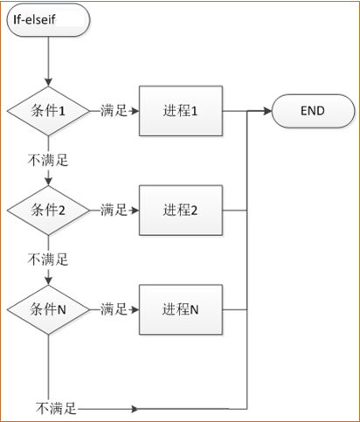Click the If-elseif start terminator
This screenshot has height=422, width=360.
tap(48, 20)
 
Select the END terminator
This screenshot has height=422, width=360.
tap(313, 111)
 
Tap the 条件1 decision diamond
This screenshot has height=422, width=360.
tap(48, 111)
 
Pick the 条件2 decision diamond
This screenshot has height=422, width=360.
tap(48, 211)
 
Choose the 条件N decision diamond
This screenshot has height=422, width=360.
tap(48, 309)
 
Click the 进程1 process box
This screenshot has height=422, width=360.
tap(181, 111)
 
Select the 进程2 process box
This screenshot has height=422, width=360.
tap(181, 211)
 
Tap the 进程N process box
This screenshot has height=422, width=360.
tap(181, 309)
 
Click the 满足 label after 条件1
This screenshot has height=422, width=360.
tap(114, 111)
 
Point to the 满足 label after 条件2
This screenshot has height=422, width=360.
tap(114, 210)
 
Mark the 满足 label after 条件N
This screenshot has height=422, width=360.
tap(114, 309)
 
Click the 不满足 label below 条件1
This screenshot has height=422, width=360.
tap(48, 160)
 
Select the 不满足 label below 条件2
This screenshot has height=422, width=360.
tap(48, 259)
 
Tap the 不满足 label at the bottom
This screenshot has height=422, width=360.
tap(56, 409)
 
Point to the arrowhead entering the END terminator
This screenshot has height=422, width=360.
tap(267, 111)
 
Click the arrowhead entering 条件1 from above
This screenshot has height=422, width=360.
tap(48, 82)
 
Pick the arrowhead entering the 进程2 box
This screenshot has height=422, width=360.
tap(135, 211)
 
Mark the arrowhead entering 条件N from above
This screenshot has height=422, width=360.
tap(48, 280)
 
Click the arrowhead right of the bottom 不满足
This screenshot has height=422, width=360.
tap(135, 409)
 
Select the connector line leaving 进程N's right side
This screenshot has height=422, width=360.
tap(235, 309)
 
